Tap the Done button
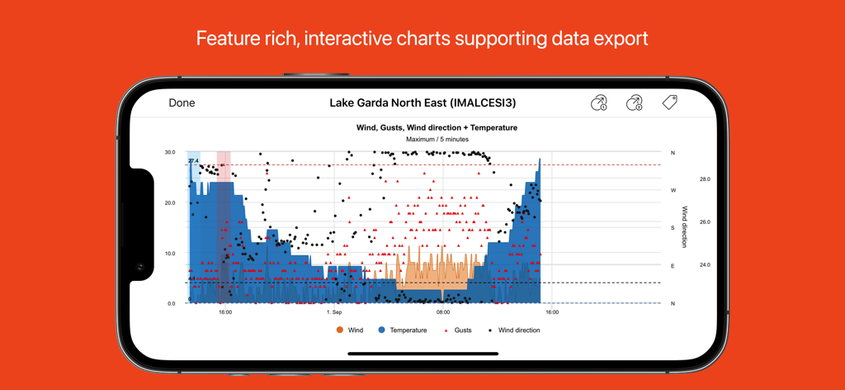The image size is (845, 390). point(182,103)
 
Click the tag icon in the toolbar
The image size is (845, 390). point(669,102)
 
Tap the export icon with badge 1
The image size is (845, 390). point(599,103)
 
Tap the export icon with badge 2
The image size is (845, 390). point(634,103)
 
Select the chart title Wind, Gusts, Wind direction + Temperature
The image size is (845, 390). point(437,128)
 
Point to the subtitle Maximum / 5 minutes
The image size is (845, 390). point(437,140)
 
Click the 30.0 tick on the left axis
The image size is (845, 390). point(169,153)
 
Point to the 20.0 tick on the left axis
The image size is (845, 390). point(169,203)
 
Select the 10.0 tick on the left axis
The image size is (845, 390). point(169,254)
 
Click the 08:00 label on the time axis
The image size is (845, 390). point(443,312)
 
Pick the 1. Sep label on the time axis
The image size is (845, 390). point(334,312)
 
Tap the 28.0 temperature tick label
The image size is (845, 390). point(705,179)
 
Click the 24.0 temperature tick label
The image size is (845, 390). point(705,265)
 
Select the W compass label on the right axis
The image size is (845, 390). point(673,191)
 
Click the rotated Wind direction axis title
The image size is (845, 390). point(684,227)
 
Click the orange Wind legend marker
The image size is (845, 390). point(339,331)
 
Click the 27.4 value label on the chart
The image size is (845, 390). point(193,161)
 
